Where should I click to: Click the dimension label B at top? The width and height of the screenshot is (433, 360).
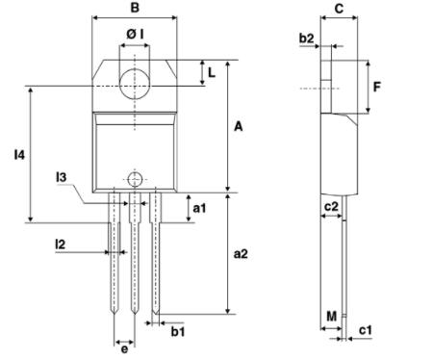click(135, 8)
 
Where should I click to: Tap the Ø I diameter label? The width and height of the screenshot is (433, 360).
click(136, 36)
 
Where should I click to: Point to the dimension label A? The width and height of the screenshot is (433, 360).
click(238, 125)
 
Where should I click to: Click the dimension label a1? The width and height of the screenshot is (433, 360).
click(199, 208)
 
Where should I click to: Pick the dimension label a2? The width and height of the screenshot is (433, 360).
click(242, 254)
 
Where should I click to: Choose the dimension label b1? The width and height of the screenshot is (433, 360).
click(177, 332)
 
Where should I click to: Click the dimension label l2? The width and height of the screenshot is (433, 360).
click(60, 245)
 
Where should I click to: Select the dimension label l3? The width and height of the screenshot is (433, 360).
click(61, 177)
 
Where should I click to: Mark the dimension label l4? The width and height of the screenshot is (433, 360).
click(18, 154)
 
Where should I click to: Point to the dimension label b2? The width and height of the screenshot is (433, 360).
click(306, 39)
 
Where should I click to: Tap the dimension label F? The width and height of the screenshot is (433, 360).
click(377, 87)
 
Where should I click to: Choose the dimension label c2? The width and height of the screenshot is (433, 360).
click(330, 206)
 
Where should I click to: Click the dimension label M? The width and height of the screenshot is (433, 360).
click(331, 316)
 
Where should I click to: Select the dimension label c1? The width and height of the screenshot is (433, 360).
click(366, 330)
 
